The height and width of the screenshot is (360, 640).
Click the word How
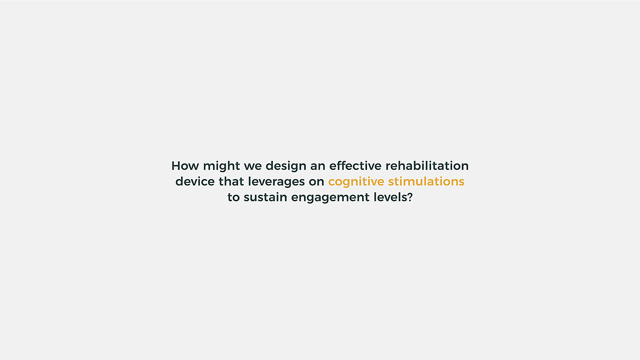pyautogui.click(x=185, y=166)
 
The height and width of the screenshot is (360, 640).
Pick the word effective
pyautogui.click(x=356, y=166)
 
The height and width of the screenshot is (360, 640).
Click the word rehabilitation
pyautogui.click(x=427, y=166)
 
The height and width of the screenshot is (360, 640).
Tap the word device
pyautogui.click(x=195, y=181)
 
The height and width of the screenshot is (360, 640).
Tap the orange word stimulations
pyautogui.click(x=426, y=181)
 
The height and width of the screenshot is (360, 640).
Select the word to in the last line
pyautogui.click(x=234, y=197)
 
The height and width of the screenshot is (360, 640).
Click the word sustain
pyautogui.click(x=266, y=197)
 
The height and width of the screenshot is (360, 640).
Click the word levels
pyautogui.click(x=390, y=197)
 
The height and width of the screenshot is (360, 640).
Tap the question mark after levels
pyautogui.click(x=410, y=197)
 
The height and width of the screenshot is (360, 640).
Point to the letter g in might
pyautogui.click(x=221, y=168)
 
